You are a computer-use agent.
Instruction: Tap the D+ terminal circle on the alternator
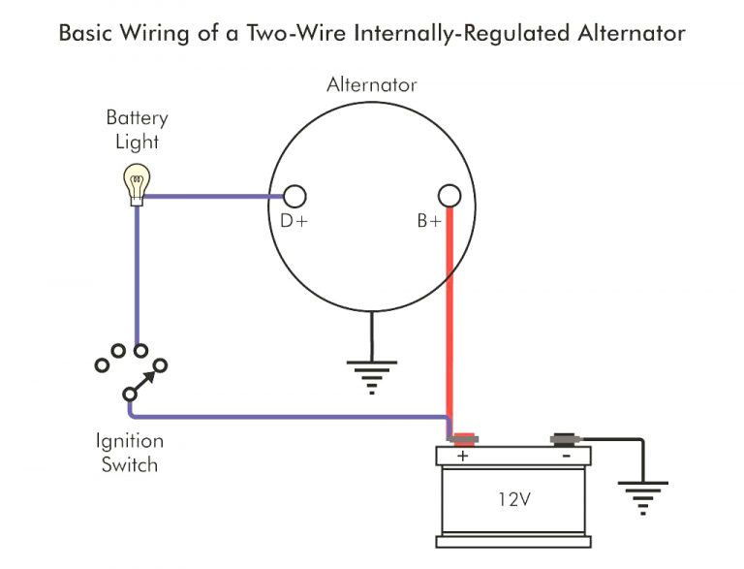(294, 197)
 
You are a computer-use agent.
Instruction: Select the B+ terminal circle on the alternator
(448, 197)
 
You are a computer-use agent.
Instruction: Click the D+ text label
(294, 222)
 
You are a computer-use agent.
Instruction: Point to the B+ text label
(429, 222)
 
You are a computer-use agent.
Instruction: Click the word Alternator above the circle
(372, 84)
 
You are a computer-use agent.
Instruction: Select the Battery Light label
(137, 130)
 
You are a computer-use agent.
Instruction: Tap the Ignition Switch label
(129, 453)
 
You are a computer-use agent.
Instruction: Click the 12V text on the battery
(514, 502)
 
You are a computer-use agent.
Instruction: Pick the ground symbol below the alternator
(372, 376)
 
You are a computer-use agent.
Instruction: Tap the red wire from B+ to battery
(449, 320)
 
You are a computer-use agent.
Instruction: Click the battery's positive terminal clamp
(463, 439)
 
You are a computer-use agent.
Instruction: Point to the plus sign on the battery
(462, 456)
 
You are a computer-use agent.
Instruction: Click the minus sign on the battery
(565, 456)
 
